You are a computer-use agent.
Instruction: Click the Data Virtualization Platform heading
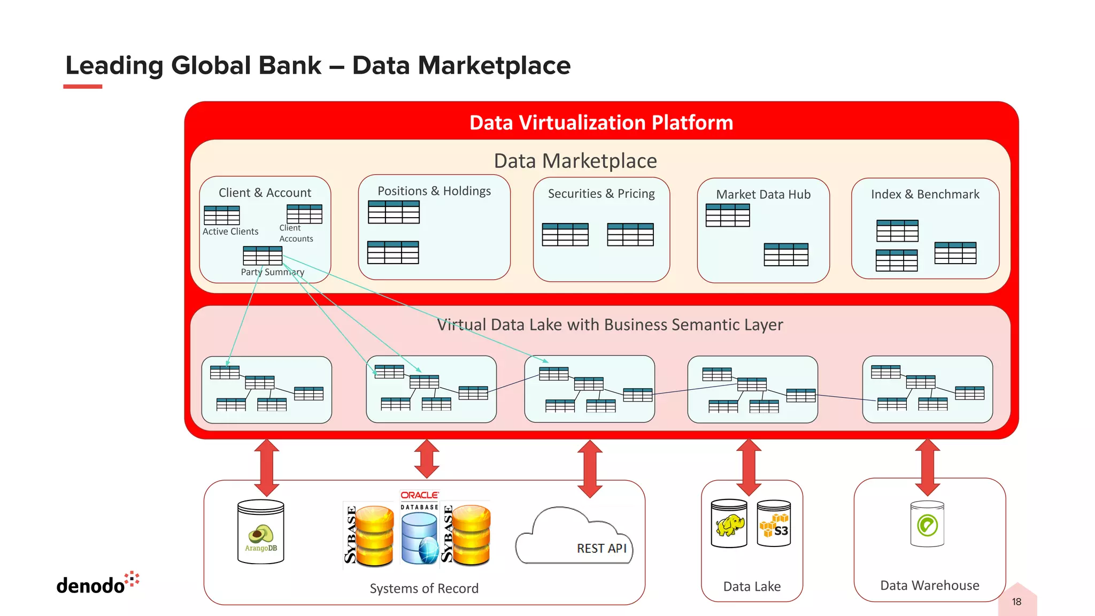(601, 123)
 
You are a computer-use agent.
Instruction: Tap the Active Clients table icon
(221, 215)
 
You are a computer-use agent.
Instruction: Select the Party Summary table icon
(262, 256)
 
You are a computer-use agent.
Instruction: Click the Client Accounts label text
(296, 234)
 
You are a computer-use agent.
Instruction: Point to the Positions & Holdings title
(434, 191)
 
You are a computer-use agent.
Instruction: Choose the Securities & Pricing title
(601, 194)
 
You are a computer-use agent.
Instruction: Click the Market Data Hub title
(763, 195)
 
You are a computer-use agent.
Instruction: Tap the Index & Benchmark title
(925, 195)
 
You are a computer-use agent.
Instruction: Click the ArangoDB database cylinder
(260, 532)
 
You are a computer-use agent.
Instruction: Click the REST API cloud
(575, 537)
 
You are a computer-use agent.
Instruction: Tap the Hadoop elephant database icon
(729, 523)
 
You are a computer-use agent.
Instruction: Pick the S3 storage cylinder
(774, 523)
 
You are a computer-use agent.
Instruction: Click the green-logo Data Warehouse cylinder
(927, 524)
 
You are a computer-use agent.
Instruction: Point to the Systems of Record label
(424, 589)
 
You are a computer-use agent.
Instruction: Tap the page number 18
(1016, 602)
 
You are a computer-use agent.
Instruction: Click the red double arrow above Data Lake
(749, 467)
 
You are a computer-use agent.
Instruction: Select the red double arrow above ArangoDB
(266, 467)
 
